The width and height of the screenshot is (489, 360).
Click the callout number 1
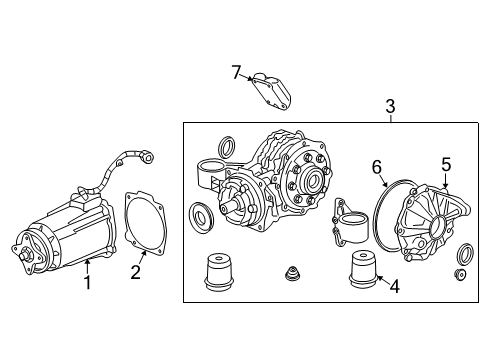tap(88, 283)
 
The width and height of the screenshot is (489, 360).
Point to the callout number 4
tap(395, 287)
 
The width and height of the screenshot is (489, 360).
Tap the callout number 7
tap(236, 71)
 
